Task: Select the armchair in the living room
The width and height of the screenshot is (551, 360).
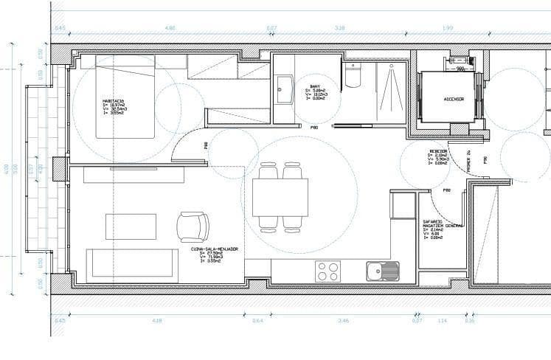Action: [x=193, y=226]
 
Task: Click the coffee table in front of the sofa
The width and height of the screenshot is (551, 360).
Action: [x=131, y=226]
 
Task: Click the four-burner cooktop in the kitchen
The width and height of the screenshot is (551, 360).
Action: [x=328, y=271]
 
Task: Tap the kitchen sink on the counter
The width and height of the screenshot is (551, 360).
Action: [x=382, y=271]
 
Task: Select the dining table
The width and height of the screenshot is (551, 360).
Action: [x=280, y=198]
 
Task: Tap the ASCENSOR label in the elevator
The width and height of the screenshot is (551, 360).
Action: [x=453, y=99]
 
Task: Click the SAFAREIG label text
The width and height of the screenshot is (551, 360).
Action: [x=432, y=221]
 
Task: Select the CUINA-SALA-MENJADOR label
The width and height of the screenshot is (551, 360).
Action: [x=214, y=250]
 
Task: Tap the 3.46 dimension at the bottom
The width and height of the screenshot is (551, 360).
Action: [x=343, y=321]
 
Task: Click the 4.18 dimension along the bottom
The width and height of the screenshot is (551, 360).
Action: [x=156, y=321]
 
